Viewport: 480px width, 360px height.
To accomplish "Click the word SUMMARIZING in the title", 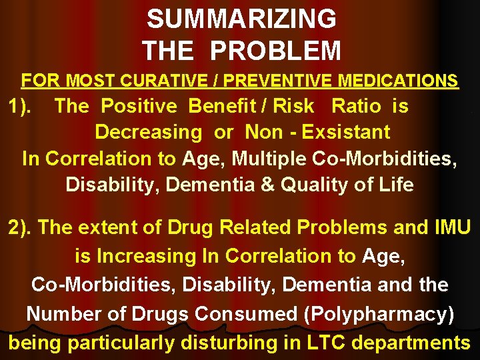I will pos(241,19).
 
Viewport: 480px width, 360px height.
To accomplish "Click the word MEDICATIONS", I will pos(398,81).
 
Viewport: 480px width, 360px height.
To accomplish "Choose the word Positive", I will pos(139,106).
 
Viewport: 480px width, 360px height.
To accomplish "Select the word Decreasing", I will pos(149,132).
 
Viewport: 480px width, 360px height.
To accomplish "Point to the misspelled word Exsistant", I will pos(346,132).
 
